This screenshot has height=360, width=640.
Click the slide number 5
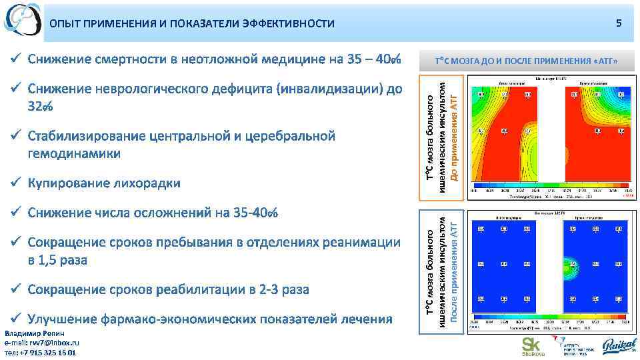(619, 23)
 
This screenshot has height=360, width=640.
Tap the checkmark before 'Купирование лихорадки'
(18, 182)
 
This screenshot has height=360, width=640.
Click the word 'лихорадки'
(147, 183)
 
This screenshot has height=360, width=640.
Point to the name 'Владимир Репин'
(34, 333)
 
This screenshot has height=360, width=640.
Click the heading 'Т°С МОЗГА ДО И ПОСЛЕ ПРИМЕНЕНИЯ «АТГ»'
(527, 61)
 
